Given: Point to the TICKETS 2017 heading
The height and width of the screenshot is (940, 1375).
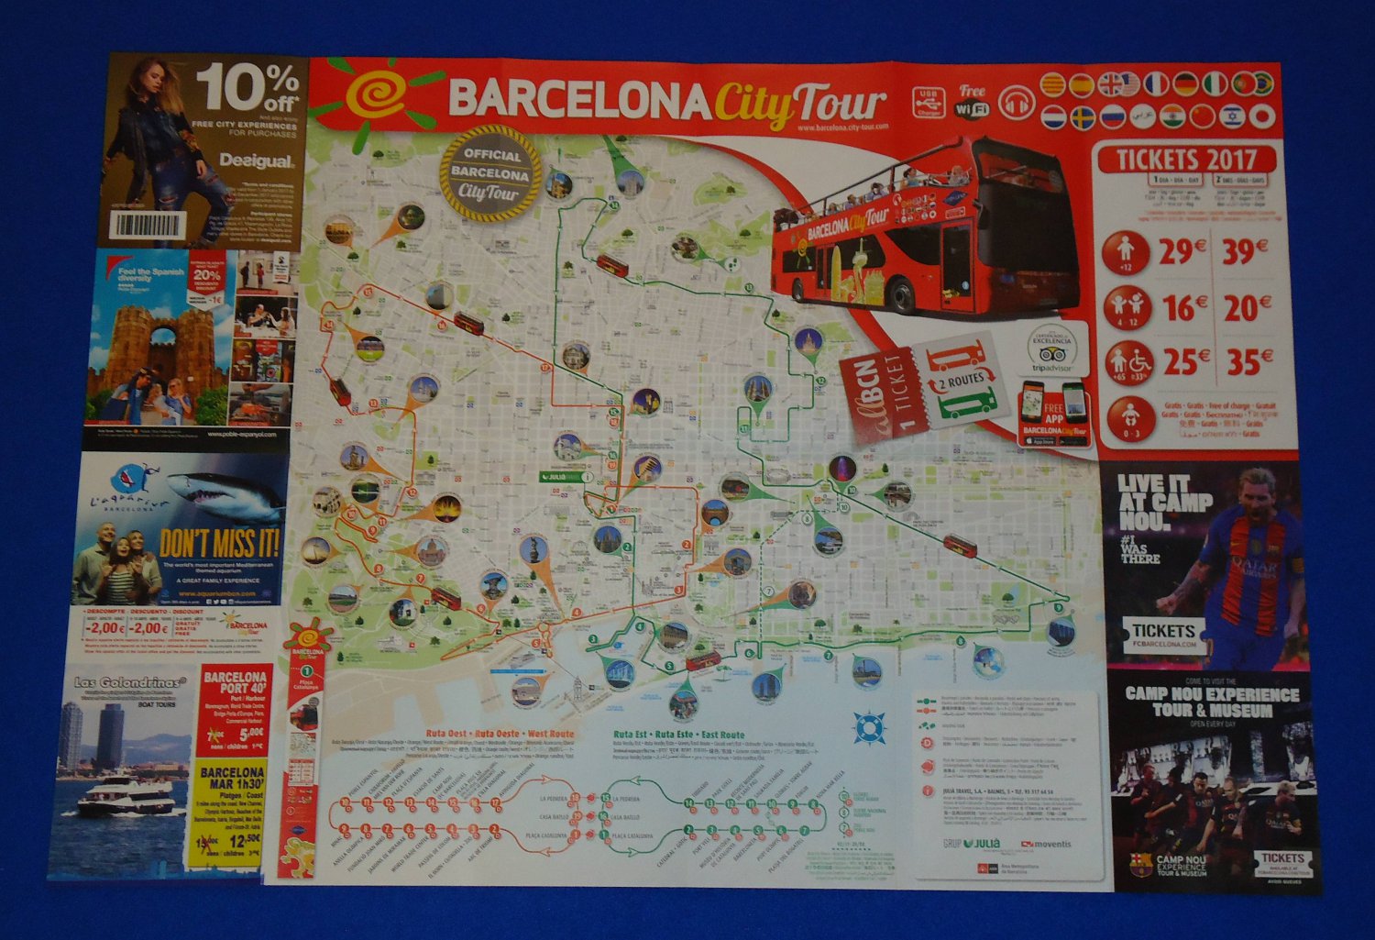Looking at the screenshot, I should [x=1188, y=159].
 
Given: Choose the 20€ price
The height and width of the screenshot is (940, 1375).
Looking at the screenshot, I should [x=1248, y=308].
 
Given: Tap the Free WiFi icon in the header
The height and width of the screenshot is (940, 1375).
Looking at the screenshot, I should [x=972, y=101].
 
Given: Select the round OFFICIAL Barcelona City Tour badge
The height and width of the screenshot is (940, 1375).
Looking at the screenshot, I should [x=489, y=171].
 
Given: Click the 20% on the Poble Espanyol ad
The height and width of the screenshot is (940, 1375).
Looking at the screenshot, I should [x=207, y=275].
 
